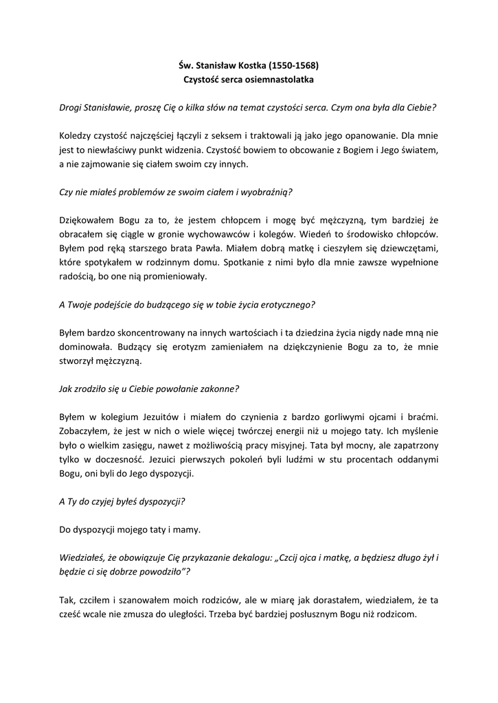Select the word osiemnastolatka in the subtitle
click(281, 80)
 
